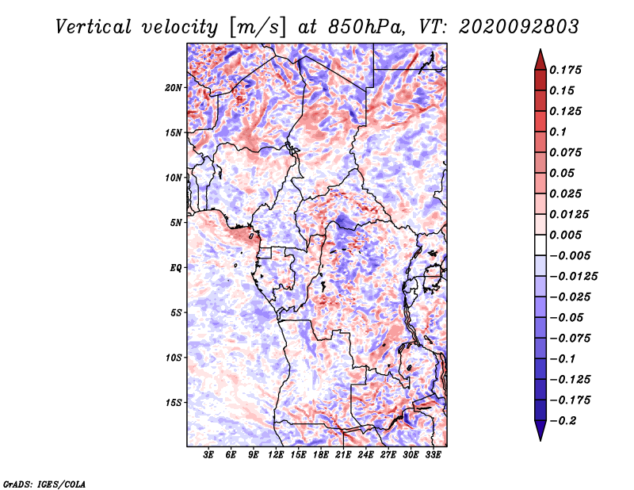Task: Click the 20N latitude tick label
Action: [174, 88]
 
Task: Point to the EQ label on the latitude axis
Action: [176, 268]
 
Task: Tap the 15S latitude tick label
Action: [174, 403]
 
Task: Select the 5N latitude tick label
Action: [176, 223]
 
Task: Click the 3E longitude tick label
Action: [208, 454]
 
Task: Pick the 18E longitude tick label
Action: [321, 454]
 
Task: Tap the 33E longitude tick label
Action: [433, 454]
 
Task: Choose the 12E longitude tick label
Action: [276, 454]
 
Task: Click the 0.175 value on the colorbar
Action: [565, 70]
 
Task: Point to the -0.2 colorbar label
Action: [563, 421]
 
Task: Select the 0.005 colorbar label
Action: [565, 235]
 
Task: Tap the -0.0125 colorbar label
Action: [573, 277]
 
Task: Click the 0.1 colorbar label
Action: [558, 132]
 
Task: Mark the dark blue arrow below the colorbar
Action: [540, 431]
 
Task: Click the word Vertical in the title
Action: [94, 27]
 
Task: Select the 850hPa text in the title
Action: [366, 27]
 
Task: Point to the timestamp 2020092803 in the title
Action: [519, 27]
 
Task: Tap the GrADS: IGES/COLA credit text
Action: [44, 484]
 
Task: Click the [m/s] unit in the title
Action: [258, 28]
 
